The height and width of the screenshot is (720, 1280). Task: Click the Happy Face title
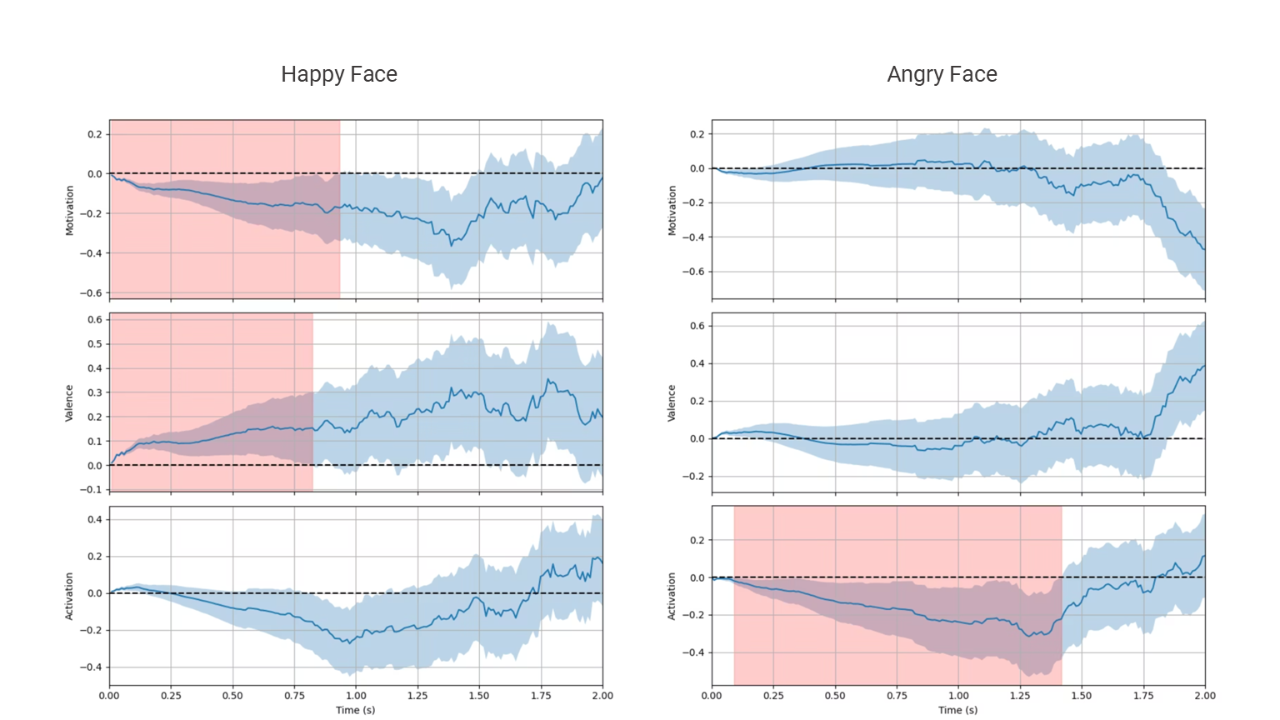339,74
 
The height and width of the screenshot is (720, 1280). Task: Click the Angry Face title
942,74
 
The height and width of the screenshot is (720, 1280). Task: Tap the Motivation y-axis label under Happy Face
70,210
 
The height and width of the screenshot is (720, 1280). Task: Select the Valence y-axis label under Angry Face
672,402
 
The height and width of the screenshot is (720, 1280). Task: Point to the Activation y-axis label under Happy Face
69,596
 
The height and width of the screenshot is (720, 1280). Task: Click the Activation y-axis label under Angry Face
672,596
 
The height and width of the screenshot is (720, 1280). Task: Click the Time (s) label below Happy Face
356,710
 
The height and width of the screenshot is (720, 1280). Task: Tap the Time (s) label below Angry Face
958,710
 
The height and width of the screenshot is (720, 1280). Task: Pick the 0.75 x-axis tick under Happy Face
294,696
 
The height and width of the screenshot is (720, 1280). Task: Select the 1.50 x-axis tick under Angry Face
1082,696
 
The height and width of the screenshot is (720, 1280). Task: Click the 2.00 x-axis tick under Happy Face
602,696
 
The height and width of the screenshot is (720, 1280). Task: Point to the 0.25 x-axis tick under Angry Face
773,696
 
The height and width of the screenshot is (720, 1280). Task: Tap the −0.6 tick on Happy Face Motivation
92,293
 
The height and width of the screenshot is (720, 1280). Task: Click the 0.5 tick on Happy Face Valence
95,344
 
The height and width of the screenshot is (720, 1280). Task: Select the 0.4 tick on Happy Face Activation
95,520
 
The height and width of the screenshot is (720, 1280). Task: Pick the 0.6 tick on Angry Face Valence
697,326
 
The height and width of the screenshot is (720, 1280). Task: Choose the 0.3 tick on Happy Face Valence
95,392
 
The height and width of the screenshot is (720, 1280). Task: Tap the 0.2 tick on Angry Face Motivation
697,134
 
